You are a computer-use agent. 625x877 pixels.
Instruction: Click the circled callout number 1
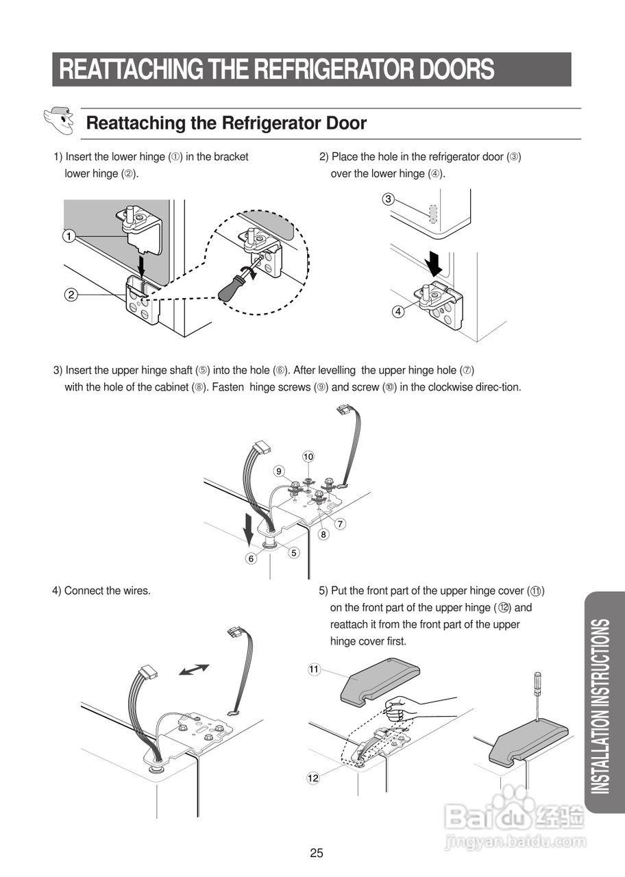tap(69, 237)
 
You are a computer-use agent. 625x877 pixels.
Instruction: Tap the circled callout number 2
tap(71, 295)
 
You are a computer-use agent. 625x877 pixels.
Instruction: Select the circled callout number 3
tap(388, 199)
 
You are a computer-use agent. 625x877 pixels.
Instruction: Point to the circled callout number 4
tap(397, 311)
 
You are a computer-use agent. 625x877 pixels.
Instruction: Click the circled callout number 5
tap(294, 552)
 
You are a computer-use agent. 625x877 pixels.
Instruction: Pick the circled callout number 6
tap(252, 558)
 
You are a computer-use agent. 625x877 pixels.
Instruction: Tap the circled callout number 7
tap(341, 523)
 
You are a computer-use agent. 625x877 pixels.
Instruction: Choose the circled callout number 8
tap(323, 534)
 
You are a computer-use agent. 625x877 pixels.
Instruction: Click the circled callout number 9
tap(279, 471)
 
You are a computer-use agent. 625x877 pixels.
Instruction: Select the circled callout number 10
tap(308, 456)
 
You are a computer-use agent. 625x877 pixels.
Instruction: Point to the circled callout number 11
tap(314, 669)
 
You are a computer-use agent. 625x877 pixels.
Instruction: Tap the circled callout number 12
tap(312, 778)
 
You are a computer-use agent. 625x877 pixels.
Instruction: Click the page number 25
tap(316, 853)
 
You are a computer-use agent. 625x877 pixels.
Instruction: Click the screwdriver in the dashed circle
tap(237, 281)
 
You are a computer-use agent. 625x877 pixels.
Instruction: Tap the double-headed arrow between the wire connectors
tap(194, 669)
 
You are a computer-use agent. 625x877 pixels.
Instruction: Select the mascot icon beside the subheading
tap(60, 121)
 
